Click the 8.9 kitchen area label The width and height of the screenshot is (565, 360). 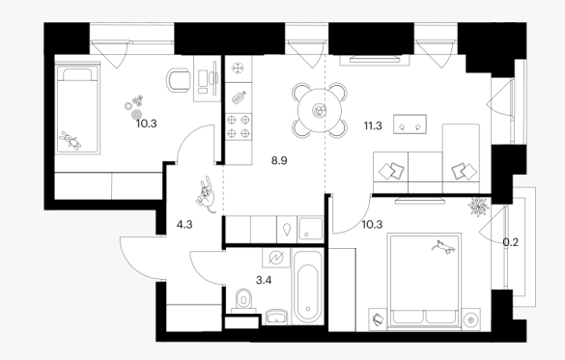[279, 160]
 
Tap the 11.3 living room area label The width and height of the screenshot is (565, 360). [373, 126]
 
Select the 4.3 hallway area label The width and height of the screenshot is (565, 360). [184, 225]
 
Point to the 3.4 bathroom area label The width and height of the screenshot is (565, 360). [264, 280]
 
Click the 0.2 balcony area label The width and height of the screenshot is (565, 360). [511, 242]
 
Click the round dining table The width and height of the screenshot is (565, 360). [320, 111]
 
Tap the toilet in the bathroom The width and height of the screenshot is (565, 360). [244, 300]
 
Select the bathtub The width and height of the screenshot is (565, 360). [308, 288]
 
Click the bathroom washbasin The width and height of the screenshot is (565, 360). [277, 317]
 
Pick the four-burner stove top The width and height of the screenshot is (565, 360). [239, 126]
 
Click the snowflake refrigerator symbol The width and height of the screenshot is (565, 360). [238, 68]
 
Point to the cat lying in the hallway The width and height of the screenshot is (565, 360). [206, 194]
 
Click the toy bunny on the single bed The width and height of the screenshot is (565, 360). [71, 140]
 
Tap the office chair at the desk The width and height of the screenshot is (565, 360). [178, 80]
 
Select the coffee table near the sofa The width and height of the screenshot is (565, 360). [410, 125]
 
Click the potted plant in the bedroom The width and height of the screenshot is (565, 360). [478, 207]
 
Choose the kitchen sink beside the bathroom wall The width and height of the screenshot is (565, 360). [310, 229]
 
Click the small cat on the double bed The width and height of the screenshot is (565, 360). [443, 247]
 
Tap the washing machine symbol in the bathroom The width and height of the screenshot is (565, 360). [276, 258]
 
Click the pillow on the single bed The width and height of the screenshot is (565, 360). [77, 74]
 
